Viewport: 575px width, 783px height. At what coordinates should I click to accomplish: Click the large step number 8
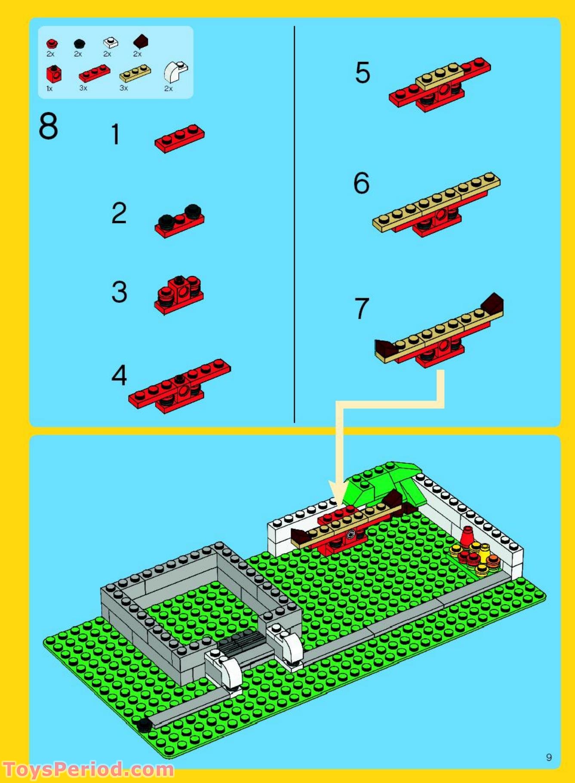[48, 126]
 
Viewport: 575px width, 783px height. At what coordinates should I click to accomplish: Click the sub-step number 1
[115, 134]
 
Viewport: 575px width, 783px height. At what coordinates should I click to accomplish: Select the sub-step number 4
[119, 375]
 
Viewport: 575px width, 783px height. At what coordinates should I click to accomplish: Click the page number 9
[549, 757]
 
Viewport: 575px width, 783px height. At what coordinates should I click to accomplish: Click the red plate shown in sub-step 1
[180, 139]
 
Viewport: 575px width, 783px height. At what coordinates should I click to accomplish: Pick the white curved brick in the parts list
[175, 72]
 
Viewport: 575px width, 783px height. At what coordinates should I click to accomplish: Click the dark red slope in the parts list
[140, 42]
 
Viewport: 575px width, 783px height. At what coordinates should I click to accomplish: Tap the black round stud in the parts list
[79, 43]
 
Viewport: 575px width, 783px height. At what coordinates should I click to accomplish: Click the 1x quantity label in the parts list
[49, 89]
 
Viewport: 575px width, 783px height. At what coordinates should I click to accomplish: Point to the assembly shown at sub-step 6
[436, 204]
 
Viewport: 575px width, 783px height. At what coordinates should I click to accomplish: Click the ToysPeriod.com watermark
[88, 769]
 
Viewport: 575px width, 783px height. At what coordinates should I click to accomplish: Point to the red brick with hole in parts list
[54, 74]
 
